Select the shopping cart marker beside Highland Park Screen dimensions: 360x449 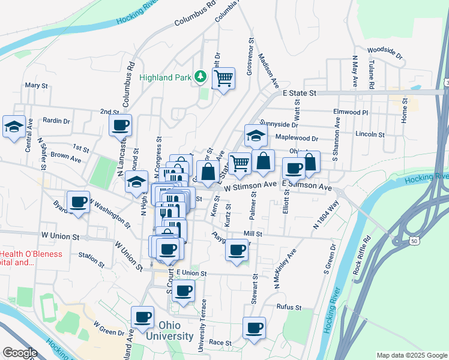223,77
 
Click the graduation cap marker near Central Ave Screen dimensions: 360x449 14,127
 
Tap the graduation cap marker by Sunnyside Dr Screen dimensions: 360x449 256,136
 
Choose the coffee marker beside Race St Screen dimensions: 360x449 254,328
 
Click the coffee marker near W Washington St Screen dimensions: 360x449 78,202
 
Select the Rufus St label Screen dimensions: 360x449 289,307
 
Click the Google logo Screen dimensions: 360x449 19,353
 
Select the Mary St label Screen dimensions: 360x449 36,86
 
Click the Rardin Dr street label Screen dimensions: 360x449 56,121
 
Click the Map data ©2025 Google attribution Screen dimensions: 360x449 411,355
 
